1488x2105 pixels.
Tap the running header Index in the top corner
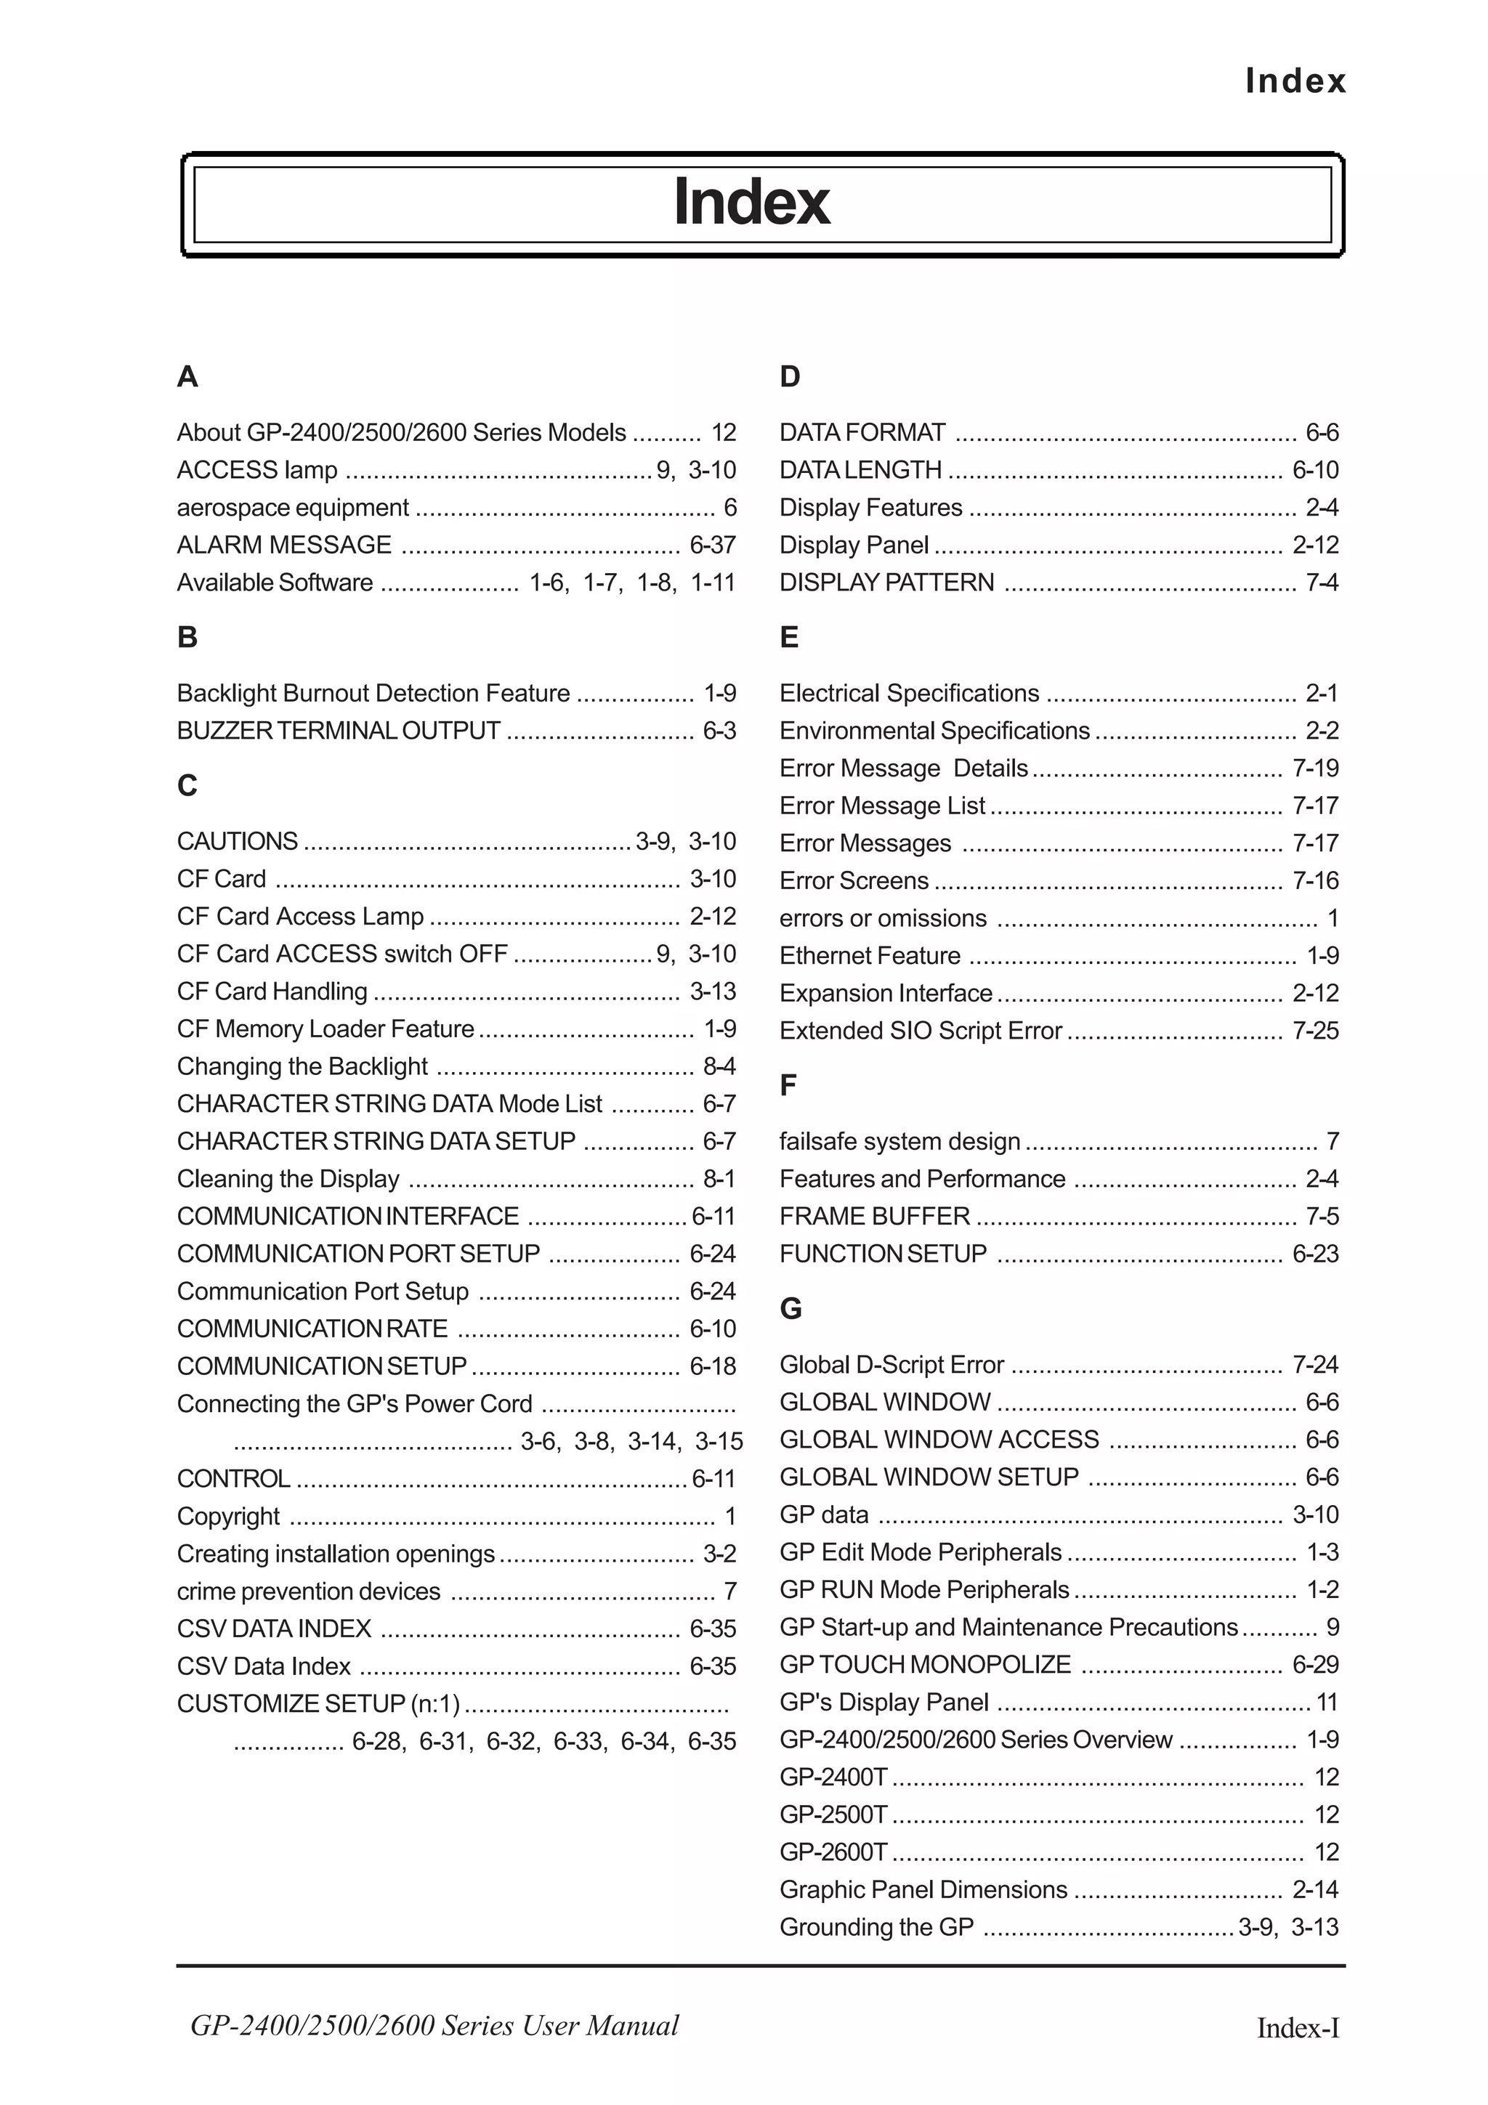[x=1295, y=81]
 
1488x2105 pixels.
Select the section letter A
[x=187, y=377]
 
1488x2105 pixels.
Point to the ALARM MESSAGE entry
[x=284, y=545]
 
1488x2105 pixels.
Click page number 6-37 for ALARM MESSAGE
[x=712, y=545]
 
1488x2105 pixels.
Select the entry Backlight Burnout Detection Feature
[x=373, y=693]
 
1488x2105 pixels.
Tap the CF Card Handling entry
[x=272, y=991]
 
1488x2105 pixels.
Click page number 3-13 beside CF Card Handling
[x=712, y=991]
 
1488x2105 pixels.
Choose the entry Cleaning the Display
[x=288, y=1178]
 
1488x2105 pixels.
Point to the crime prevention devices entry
[x=308, y=1591]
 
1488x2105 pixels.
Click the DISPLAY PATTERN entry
[x=886, y=582]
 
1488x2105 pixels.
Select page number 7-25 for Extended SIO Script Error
[x=1315, y=1031]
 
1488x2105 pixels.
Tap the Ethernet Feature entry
[x=869, y=955]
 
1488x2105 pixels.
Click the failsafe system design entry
[x=899, y=1141]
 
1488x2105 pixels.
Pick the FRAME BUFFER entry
[x=874, y=1216]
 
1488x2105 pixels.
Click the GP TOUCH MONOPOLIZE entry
[x=924, y=1664]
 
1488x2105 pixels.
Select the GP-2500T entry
[x=833, y=1814]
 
